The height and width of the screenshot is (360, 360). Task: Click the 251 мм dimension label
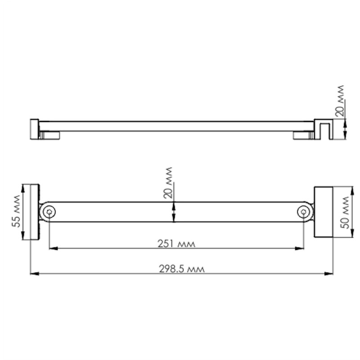[x=176, y=243]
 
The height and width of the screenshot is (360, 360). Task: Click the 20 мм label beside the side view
[x=340, y=101]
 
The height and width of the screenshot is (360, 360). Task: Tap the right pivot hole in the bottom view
[x=304, y=212]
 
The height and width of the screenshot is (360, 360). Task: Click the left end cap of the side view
[x=34, y=129]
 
